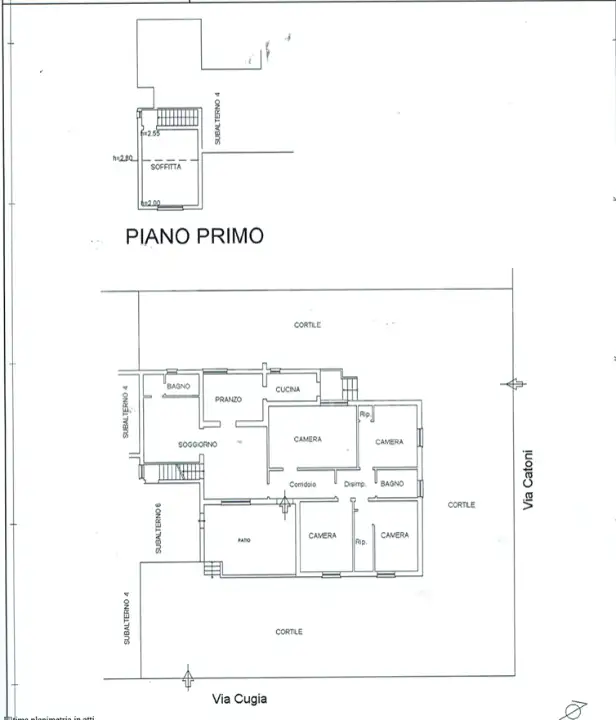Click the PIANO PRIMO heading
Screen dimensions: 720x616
tap(194, 237)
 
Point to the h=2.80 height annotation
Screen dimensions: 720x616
tap(123, 157)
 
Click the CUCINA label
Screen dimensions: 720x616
tap(288, 389)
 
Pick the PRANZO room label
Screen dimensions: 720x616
tap(228, 400)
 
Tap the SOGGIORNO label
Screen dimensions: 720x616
tap(198, 443)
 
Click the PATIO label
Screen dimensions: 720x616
tap(244, 540)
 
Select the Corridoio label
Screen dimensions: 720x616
tap(303, 484)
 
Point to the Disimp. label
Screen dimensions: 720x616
tap(354, 484)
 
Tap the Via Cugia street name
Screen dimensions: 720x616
tap(239, 700)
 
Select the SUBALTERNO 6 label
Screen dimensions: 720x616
tap(158, 527)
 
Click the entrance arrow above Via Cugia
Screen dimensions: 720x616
tap(187, 679)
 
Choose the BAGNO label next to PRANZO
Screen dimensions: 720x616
tap(178, 386)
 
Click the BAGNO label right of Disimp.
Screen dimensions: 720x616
tap(391, 484)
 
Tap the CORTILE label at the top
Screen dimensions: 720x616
tap(307, 325)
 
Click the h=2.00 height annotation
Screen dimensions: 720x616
tap(150, 203)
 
